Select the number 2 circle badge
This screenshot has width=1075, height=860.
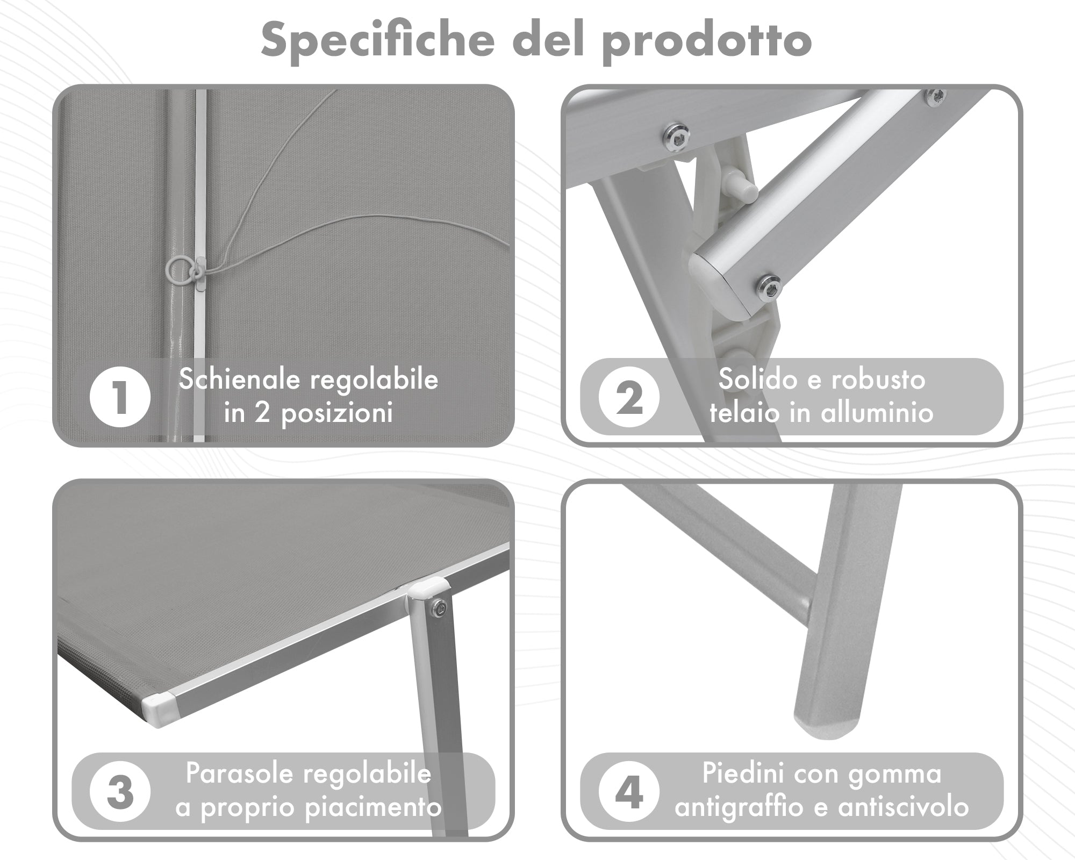tap(629, 397)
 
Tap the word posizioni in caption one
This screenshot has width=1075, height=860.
tap(337, 414)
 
